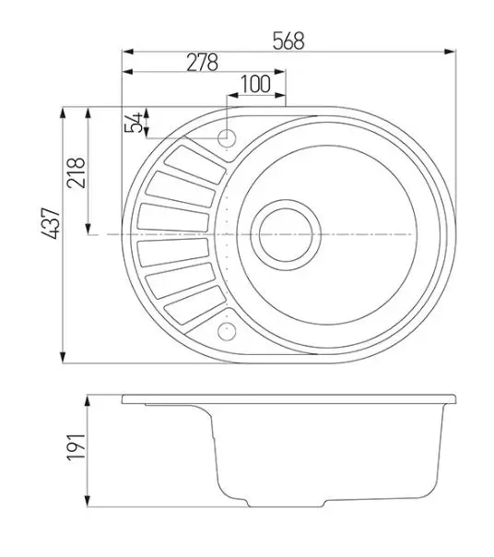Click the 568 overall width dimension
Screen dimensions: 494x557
288,41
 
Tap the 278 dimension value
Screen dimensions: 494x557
202,63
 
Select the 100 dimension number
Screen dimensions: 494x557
255,84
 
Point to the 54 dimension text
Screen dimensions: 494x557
134,123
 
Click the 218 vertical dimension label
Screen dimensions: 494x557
76,172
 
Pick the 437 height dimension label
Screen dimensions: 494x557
50,223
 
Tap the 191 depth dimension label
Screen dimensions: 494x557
76,447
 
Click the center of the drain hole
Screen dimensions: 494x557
286,235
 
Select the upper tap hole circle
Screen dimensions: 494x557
227,137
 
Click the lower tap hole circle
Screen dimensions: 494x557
227,332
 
